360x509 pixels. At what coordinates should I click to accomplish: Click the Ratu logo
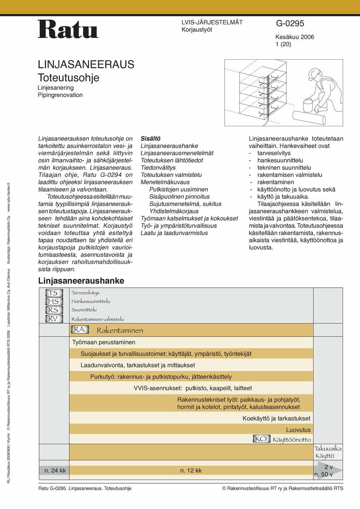click(x=68, y=29)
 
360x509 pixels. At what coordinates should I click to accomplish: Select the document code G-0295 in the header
click(x=290, y=24)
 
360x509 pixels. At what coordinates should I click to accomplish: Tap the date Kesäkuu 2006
click(x=295, y=37)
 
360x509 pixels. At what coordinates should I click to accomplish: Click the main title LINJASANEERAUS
click(x=86, y=65)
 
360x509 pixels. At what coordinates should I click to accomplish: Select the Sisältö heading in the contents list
click(x=151, y=138)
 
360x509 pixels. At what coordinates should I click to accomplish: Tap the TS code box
click(x=54, y=293)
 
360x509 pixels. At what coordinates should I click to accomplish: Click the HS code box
click(x=54, y=301)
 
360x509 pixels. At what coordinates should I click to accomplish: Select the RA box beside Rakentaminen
click(x=80, y=330)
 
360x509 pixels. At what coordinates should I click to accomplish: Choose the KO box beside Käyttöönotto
click(x=261, y=439)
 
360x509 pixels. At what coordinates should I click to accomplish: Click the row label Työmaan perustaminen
click(x=104, y=342)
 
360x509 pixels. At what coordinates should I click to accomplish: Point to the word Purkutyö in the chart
click(x=103, y=376)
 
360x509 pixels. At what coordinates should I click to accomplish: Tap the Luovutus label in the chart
click(x=298, y=429)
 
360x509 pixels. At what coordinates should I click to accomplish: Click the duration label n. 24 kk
click(x=55, y=470)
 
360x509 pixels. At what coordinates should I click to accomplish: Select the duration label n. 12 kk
click(x=191, y=470)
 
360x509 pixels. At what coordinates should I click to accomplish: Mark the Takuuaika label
click(x=328, y=448)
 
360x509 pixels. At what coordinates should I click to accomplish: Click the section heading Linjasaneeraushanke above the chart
click(x=81, y=281)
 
